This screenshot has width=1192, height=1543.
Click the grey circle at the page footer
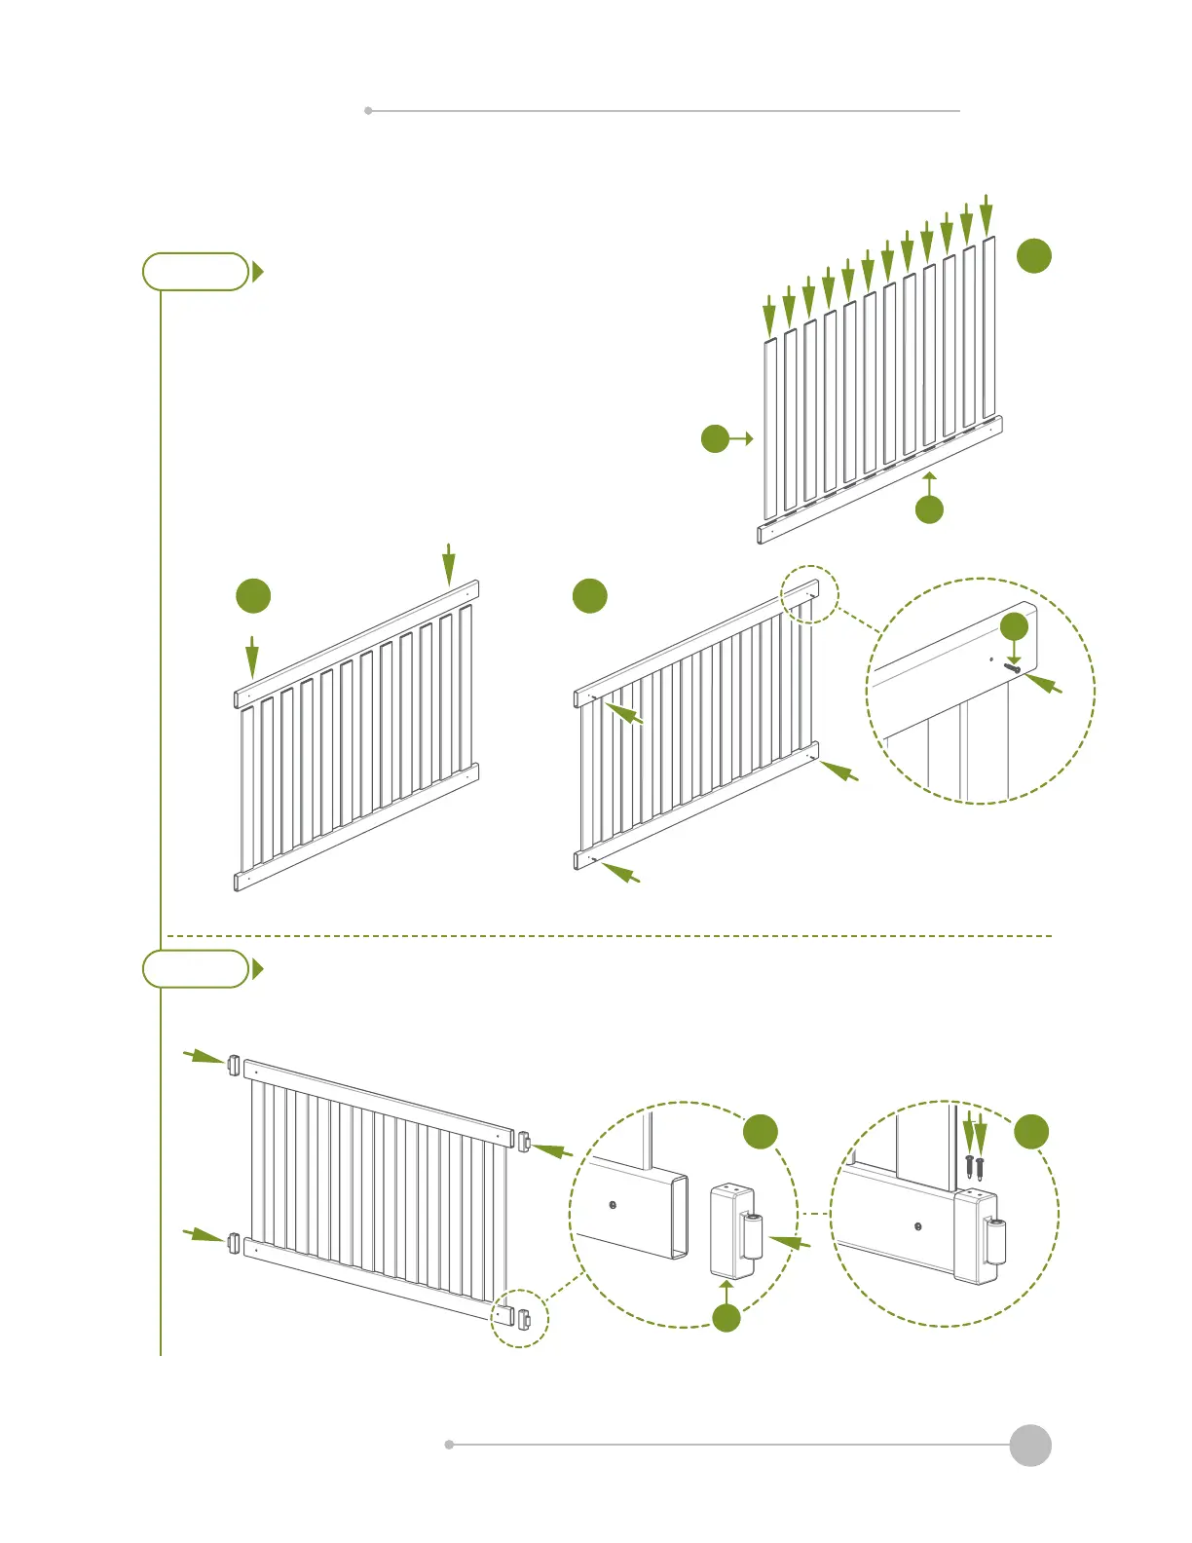click(x=1029, y=1445)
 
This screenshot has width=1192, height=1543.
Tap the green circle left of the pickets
click(x=715, y=438)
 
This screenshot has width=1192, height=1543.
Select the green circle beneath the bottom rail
click(x=929, y=508)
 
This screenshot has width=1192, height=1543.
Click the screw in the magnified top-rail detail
click(x=1013, y=668)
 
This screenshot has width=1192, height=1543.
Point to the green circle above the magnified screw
click(x=1014, y=626)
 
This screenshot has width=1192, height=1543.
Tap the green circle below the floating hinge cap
click(x=726, y=1318)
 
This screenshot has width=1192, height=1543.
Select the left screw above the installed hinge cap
click(x=969, y=1163)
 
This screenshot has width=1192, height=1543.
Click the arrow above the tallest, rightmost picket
click(x=987, y=213)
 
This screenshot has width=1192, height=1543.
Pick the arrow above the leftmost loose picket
click(x=769, y=314)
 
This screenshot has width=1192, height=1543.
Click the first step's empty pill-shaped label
click(x=196, y=272)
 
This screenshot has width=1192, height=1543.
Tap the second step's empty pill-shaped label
click(x=196, y=968)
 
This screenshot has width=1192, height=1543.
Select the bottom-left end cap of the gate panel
click(x=234, y=1243)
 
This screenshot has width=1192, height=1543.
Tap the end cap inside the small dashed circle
click(x=524, y=1319)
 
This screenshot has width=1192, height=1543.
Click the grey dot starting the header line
click(x=368, y=111)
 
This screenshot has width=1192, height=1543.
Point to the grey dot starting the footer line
click(x=449, y=1445)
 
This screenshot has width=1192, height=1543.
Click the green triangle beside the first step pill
click(x=257, y=272)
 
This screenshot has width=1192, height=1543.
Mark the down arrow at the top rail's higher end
click(x=448, y=564)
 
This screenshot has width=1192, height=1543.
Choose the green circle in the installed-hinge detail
click(x=1031, y=1132)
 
